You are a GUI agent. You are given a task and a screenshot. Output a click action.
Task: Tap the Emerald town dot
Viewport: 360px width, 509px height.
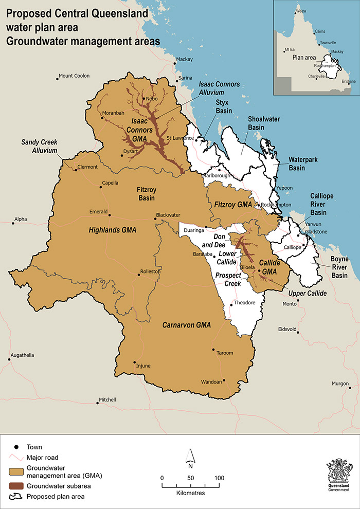tap(109, 212)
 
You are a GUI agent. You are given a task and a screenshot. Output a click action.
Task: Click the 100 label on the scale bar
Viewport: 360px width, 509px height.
tap(219, 478)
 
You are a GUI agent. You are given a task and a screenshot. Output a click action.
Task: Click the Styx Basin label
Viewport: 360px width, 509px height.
tap(222, 106)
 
